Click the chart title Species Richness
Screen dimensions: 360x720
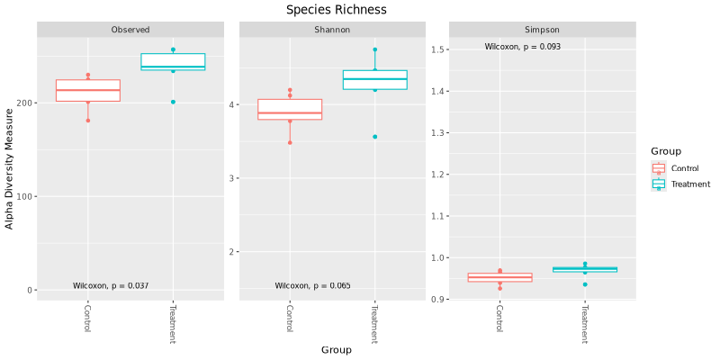coord(337,10)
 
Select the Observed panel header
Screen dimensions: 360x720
coord(130,30)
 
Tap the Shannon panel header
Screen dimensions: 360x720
coord(332,30)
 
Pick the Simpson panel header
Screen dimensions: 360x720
coord(540,30)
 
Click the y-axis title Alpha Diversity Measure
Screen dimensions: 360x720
coord(10,169)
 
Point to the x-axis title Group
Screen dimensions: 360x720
coord(337,350)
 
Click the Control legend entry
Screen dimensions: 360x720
coord(684,168)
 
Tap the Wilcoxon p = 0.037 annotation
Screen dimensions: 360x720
coord(111,286)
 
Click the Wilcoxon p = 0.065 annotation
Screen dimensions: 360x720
coord(312,286)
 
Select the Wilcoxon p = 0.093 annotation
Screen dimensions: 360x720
coord(523,47)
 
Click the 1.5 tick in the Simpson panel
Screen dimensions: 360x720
coord(438,49)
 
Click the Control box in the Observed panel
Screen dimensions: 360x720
coord(88,90)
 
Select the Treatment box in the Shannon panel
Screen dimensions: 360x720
coord(374,79)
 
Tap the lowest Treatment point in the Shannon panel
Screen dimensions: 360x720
coord(374,137)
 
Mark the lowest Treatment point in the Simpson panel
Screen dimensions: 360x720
coord(585,284)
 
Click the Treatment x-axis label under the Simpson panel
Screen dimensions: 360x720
coord(584,324)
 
